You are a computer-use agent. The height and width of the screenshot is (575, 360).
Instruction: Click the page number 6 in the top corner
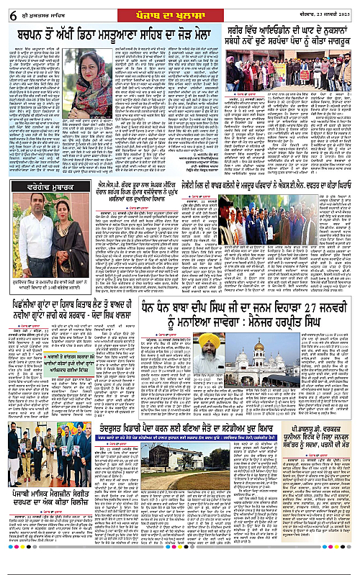(x=7, y=9)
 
